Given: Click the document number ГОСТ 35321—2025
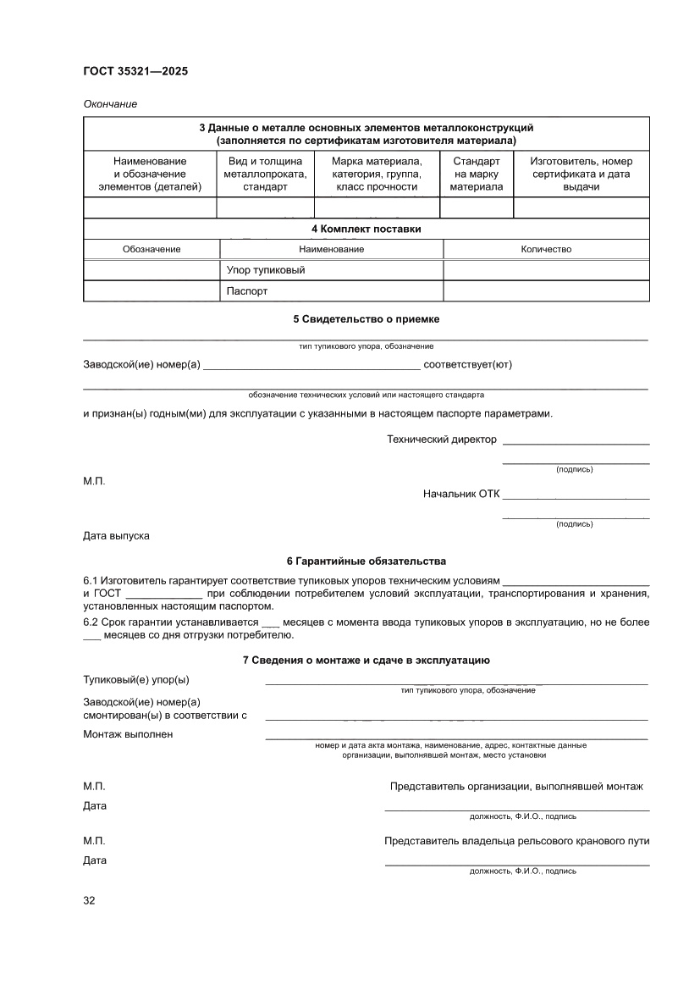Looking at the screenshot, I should (135, 71).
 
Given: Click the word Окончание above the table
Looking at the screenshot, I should (110, 104).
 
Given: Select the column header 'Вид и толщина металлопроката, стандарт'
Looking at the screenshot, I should (266, 174).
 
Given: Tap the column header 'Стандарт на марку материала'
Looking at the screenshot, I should (476, 174).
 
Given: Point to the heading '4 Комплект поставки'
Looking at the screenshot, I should (366, 229).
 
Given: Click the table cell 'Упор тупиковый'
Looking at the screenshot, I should (266, 270).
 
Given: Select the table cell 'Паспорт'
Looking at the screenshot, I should (247, 291).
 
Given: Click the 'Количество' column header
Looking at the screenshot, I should (546, 249).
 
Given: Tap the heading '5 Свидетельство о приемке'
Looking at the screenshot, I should (366, 319).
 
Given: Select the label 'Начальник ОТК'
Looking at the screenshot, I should (461, 494).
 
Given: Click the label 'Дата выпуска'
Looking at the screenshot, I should (116, 536).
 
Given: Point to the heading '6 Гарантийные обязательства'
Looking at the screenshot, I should (366, 561).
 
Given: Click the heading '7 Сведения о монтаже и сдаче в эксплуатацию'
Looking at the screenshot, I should (366, 661).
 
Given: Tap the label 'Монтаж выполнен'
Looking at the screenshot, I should (128, 734).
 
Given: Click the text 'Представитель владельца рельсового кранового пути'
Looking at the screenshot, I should (516, 841).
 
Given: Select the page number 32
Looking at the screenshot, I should (89, 900).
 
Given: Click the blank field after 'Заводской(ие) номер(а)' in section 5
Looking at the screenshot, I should (311, 367).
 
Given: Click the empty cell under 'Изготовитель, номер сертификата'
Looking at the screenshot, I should (581, 207).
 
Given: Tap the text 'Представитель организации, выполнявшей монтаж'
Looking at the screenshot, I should (516, 787).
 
